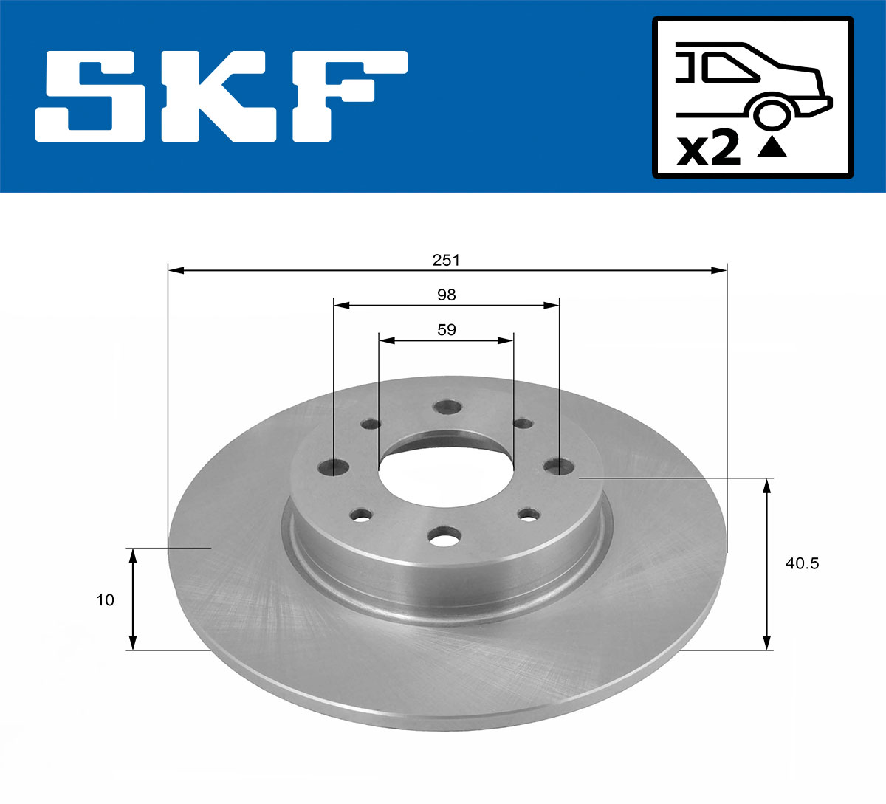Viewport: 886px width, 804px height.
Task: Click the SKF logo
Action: (x=221, y=96)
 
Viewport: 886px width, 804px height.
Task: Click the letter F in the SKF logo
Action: (x=351, y=96)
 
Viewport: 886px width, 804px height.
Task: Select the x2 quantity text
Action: (x=709, y=149)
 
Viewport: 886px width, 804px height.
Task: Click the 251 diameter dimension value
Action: (x=446, y=260)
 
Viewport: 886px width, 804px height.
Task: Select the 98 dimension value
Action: (x=446, y=295)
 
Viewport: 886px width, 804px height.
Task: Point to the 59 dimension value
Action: (x=446, y=329)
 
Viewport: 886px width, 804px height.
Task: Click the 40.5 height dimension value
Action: (x=802, y=563)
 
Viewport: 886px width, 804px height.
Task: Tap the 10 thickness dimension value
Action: (x=106, y=599)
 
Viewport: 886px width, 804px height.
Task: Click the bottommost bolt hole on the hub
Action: (x=445, y=538)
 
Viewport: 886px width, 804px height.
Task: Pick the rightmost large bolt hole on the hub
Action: (x=557, y=467)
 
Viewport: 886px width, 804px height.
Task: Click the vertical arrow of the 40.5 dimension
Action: (x=768, y=564)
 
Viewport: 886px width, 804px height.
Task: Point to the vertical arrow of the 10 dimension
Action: (x=133, y=599)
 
